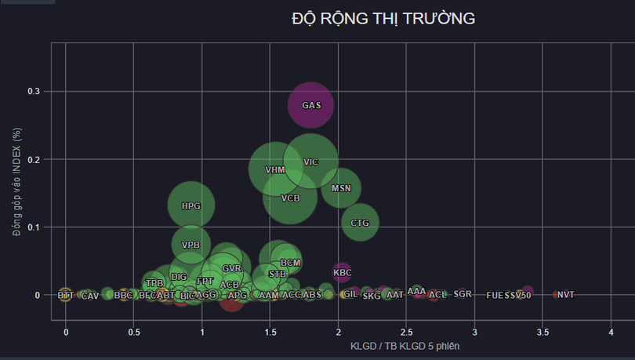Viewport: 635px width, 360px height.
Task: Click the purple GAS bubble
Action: pos(311,105)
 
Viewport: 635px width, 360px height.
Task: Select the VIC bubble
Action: pos(311,162)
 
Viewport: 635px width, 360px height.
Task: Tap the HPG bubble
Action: pos(190,205)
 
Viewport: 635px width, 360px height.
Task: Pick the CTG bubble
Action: pos(360,223)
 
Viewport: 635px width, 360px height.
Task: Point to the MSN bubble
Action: pos(341,188)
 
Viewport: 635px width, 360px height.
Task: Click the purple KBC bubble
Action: pos(343,273)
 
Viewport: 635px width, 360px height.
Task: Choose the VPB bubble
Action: pos(190,245)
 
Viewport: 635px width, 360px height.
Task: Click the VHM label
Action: pos(275,169)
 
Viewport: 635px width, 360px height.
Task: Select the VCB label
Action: pos(291,198)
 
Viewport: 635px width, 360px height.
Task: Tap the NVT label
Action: pos(566,295)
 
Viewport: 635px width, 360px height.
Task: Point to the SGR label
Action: pos(463,294)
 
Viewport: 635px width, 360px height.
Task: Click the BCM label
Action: pos(290,263)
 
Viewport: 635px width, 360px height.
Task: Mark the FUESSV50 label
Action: pos(509,296)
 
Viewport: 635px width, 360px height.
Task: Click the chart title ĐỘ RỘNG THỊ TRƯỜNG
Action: pos(383,19)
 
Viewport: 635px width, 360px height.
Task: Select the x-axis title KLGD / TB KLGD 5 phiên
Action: pos(405,346)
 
